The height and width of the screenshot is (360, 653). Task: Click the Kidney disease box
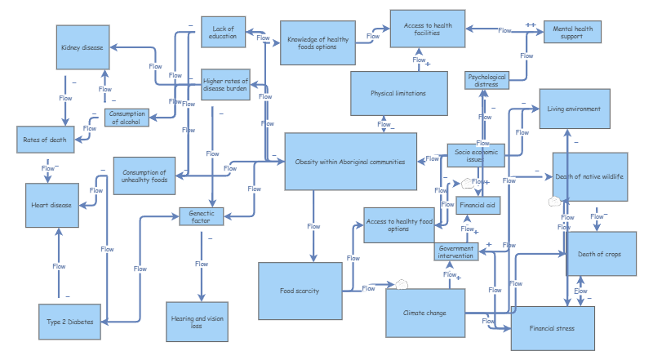tap(82, 47)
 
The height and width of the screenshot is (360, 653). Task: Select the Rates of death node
tap(46, 140)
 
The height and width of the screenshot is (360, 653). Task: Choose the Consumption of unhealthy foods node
tap(144, 176)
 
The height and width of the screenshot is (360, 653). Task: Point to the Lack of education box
tap(223, 32)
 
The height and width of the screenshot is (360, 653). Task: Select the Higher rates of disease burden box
tap(225, 84)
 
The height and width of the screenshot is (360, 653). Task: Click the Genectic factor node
tap(202, 217)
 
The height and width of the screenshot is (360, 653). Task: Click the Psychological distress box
tap(486, 80)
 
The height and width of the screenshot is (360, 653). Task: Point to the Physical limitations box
tap(398, 93)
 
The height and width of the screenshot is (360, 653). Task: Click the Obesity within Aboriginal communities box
tap(350, 162)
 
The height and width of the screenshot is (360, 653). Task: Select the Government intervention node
tap(455, 251)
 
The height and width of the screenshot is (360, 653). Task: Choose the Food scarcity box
tap(300, 291)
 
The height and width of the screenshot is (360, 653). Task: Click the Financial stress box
tap(552, 328)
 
